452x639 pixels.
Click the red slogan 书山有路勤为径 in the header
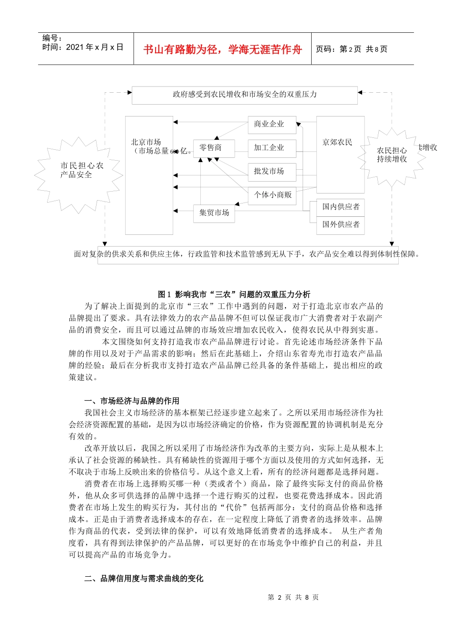point(222,49)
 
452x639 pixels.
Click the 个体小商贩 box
point(273,195)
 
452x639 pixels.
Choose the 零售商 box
point(210,148)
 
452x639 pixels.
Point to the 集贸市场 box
point(214,213)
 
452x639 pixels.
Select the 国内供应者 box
point(341,207)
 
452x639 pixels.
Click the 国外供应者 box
point(341,224)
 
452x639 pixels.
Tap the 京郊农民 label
point(337,142)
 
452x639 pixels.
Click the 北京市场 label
point(146,142)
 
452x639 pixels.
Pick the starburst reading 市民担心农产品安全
point(79,170)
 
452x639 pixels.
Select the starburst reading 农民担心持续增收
point(392,155)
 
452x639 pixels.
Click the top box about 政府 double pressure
point(245,95)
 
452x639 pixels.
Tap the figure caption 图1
point(234,294)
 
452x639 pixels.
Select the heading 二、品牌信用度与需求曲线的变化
point(144,579)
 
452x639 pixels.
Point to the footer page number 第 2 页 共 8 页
point(293,597)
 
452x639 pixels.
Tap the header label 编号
point(52,38)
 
